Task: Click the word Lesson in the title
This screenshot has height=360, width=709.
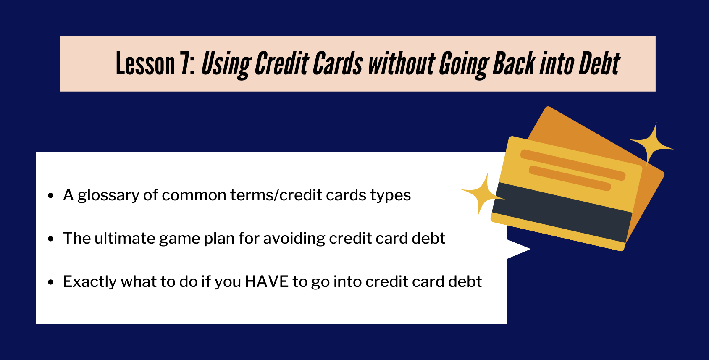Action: point(145,64)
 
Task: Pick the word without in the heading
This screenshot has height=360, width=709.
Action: point(401,64)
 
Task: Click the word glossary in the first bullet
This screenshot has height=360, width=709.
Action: point(108,196)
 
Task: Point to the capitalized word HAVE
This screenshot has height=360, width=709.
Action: point(267,281)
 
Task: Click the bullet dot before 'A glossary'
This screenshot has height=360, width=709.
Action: point(51,196)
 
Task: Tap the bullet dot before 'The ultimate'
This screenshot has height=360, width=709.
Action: point(51,239)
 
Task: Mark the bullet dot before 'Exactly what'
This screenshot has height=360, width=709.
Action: point(51,282)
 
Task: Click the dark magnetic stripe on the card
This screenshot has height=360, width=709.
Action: point(562,213)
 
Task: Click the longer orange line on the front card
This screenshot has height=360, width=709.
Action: point(573,165)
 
